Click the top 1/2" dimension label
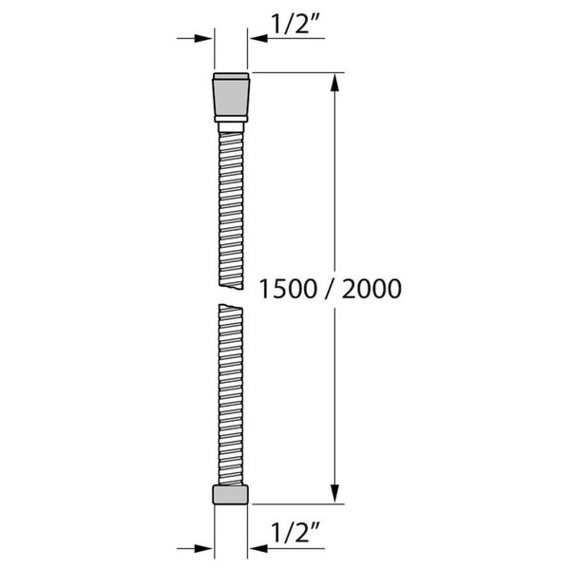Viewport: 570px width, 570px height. point(294,25)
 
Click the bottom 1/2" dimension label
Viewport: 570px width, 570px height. point(294,532)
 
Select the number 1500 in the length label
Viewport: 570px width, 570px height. point(288,289)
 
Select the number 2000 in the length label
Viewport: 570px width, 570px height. point(371,289)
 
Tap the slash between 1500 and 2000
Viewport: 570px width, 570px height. point(329,289)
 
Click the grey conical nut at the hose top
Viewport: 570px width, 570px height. point(231,97)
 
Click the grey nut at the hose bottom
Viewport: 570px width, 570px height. point(231,495)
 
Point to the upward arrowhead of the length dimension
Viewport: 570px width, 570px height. point(334,83)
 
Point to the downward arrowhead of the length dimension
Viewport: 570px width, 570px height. point(334,494)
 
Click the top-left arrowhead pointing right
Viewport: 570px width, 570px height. point(203,38)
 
